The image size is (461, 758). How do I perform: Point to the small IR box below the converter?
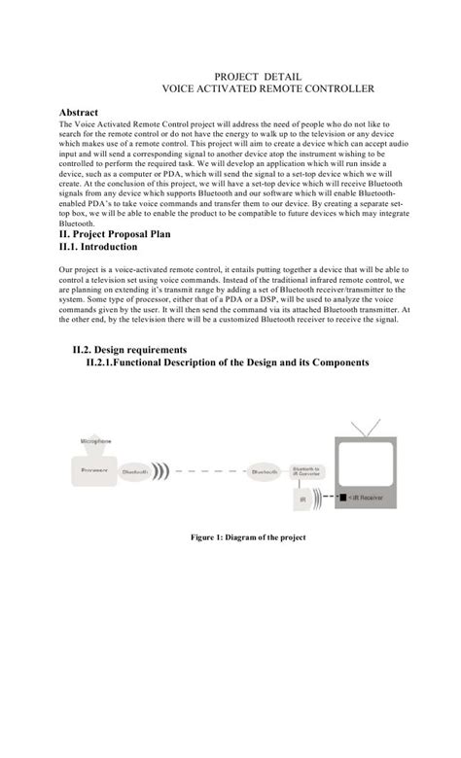tap(303, 500)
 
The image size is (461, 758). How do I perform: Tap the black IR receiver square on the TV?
tap(341, 500)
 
